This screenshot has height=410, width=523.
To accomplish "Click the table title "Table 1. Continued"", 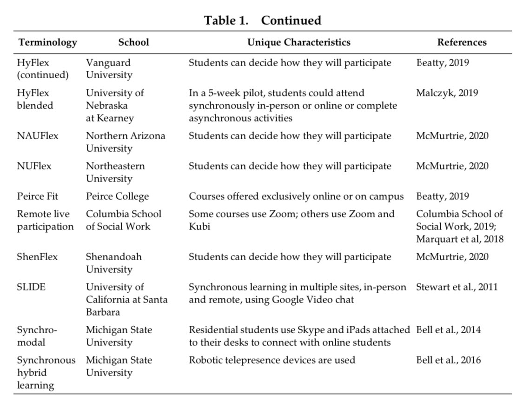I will tap(263, 20).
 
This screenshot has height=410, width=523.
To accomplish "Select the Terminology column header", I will tap(47, 42).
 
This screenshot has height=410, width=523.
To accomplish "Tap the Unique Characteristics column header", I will tap(298, 42).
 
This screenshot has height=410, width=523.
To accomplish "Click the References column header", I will tap(462, 42).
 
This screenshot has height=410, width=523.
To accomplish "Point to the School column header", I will tap(133, 42).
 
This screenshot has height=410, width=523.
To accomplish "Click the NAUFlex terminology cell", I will tap(38, 136).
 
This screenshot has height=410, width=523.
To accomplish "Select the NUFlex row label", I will tap(34, 166).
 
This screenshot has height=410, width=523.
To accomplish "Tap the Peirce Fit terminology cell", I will tap(38, 196).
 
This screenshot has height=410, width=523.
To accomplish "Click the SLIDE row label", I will tap(31, 287).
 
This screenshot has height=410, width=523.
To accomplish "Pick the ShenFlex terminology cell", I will tap(37, 257).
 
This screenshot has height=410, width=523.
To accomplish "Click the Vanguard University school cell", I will tap(109, 69).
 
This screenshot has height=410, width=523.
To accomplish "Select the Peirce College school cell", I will tap(117, 196).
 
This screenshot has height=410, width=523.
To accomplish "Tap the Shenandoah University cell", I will tap(114, 263).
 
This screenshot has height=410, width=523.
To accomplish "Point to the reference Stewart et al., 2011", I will tap(457, 287).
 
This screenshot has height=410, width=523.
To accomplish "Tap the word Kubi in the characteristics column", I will tap(199, 227).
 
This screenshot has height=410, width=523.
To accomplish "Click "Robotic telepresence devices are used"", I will tap(272, 360).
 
